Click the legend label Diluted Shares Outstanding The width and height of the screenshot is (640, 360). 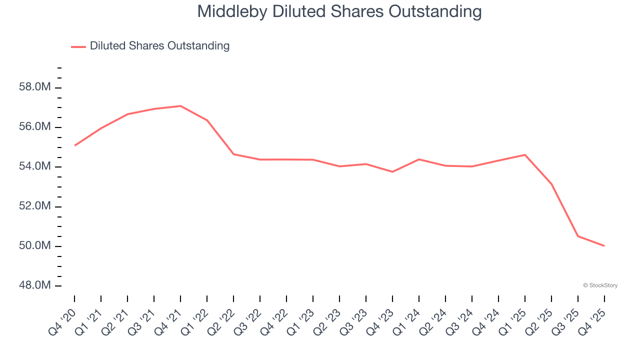coord(159,46)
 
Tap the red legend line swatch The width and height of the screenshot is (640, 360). coord(78,46)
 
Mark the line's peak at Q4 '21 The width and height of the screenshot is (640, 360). coord(180,106)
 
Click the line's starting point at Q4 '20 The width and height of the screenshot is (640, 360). coord(74,145)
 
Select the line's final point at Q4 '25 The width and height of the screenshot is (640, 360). coord(604,245)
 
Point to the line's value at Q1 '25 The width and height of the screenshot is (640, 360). coord(525,154)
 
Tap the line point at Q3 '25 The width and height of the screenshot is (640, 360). coord(578,236)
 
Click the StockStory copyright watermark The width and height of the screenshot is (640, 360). coord(600,285)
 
